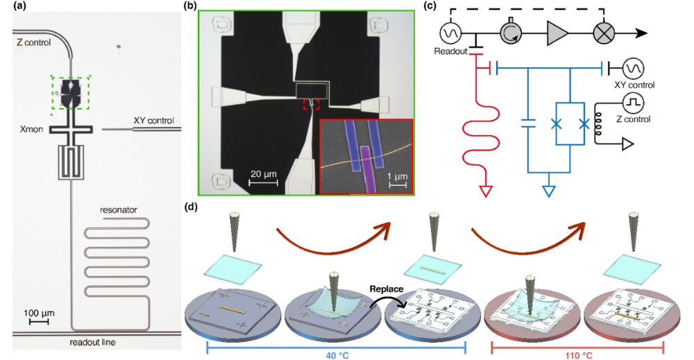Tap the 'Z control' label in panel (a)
(x=35, y=43)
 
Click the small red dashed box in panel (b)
(x=311, y=104)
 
